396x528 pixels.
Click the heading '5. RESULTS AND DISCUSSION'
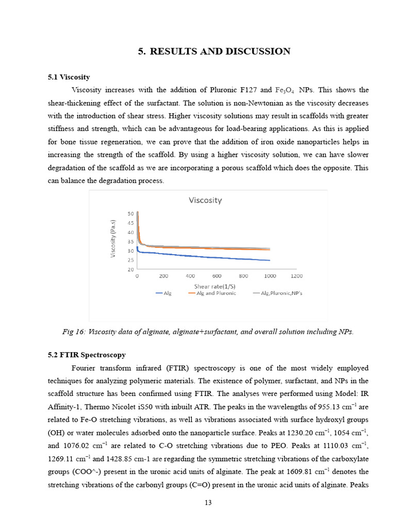tap(214, 51)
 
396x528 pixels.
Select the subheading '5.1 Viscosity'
tap(69, 77)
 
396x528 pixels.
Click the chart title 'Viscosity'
tap(205, 200)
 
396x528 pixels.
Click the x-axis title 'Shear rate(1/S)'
tap(214, 286)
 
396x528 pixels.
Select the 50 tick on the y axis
tap(130, 213)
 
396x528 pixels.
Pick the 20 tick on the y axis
tap(130, 270)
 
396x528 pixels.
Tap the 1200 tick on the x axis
tap(296, 276)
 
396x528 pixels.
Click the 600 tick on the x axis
tap(217, 276)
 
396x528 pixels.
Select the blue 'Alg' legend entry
tap(163, 293)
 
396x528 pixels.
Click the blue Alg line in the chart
tap(206, 256)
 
